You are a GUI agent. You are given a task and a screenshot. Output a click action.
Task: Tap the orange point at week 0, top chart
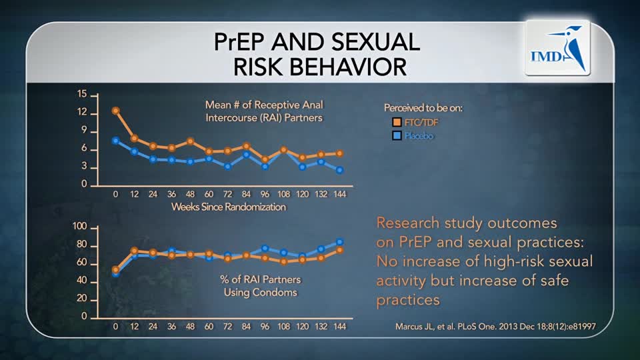pos(115,111)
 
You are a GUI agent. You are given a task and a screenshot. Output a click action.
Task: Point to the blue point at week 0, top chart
pos(115,141)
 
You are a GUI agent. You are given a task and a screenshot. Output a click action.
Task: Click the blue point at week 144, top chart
pos(340,170)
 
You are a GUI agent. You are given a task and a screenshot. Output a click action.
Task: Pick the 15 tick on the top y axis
pos(82,95)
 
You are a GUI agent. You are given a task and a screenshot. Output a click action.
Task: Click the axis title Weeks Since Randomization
pos(228,207)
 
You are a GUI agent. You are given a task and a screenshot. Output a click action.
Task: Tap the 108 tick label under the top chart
pos(283,194)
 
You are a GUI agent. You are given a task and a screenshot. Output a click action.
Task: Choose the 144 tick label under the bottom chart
pos(340,327)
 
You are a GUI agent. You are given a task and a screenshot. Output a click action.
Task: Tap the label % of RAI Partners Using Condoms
pos(259,286)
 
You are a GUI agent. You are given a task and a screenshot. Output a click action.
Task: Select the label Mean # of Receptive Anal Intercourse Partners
pos(263,111)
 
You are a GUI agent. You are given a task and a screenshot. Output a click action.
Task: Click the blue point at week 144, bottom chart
pos(340,242)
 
